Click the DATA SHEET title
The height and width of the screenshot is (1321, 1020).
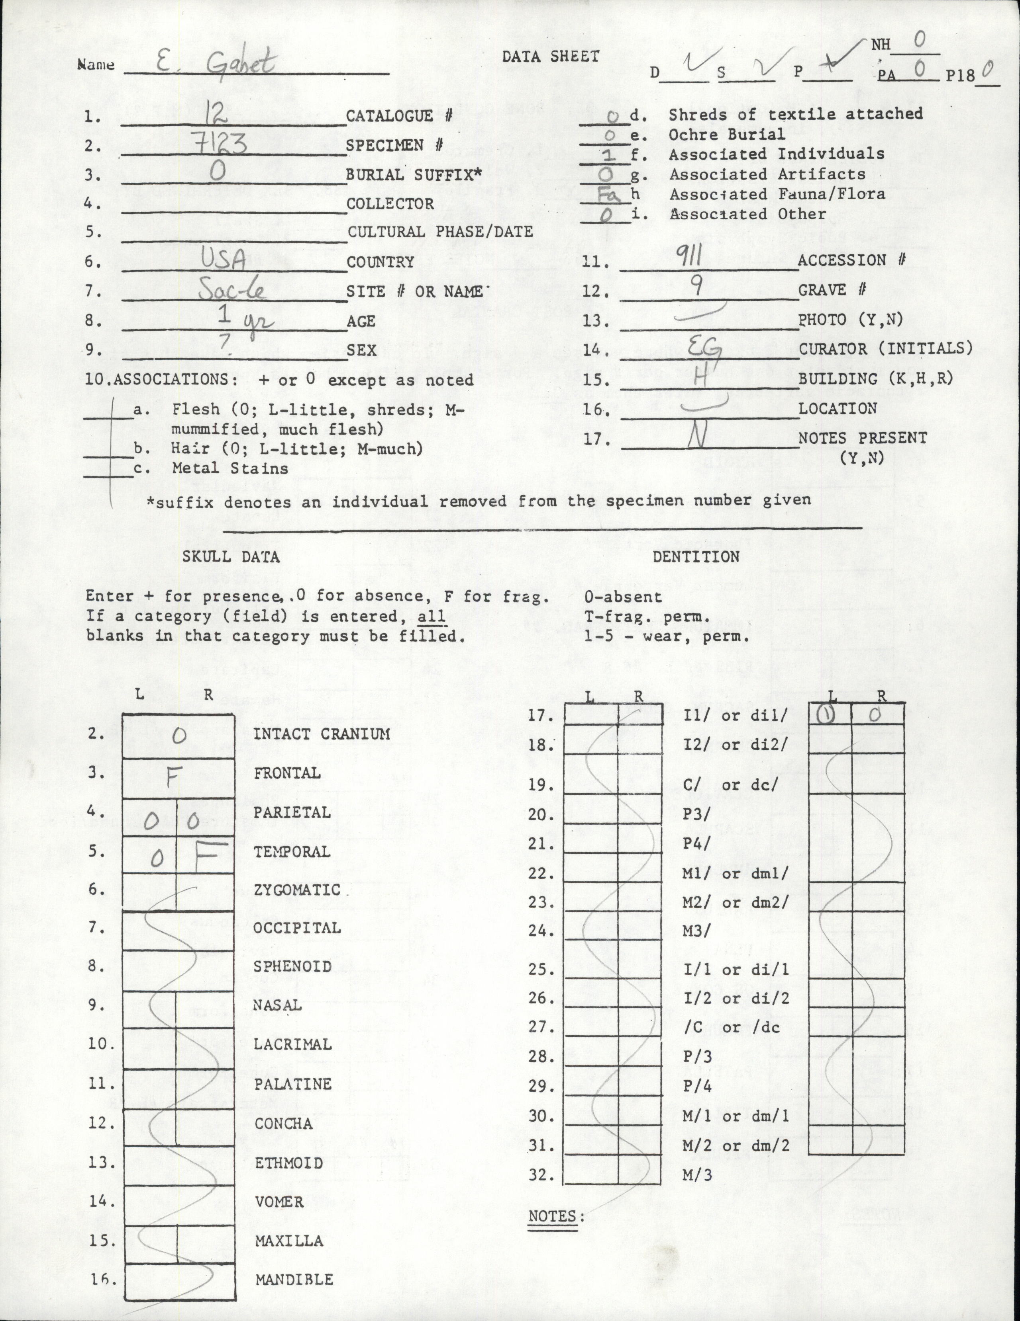point(550,57)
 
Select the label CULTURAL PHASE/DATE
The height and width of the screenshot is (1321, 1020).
point(440,232)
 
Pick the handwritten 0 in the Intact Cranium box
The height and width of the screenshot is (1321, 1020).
point(178,736)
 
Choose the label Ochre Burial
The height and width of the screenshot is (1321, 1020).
point(726,134)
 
